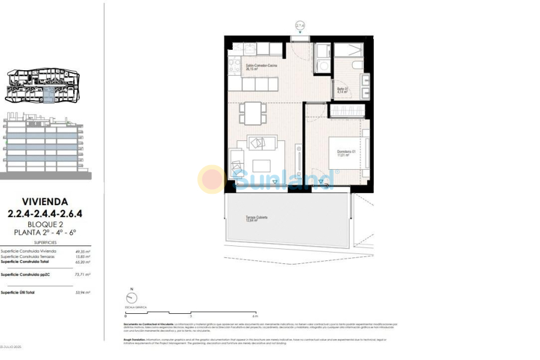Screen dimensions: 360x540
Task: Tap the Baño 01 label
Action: pyautogui.click(x=342, y=90)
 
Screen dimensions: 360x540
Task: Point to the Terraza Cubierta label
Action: pyautogui.click(x=256, y=218)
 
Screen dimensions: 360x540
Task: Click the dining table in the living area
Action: pyautogui.click(x=253, y=112)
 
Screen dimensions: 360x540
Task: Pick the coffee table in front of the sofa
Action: pyautogui.click(x=262, y=166)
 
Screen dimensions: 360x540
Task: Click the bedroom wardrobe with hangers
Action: pyautogui.click(x=346, y=110)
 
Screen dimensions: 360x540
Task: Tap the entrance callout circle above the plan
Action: pyautogui.click(x=300, y=25)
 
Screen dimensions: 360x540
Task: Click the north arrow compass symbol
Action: pyautogui.click(x=131, y=298)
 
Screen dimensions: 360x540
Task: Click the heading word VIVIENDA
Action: pyautogui.click(x=45, y=202)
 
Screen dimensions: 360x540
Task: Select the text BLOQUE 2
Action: pyautogui.click(x=45, y=224)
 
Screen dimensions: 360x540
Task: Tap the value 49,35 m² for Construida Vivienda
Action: pyautogui.click(x=83, y=251)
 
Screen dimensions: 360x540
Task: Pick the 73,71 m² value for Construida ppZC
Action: pyautogui.click(x=83, y=274)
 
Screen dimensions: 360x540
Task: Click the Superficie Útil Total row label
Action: pyautogui.click(x=18, y=292)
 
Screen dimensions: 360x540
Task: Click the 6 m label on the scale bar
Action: pyautogui.click(x=255, y=316)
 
